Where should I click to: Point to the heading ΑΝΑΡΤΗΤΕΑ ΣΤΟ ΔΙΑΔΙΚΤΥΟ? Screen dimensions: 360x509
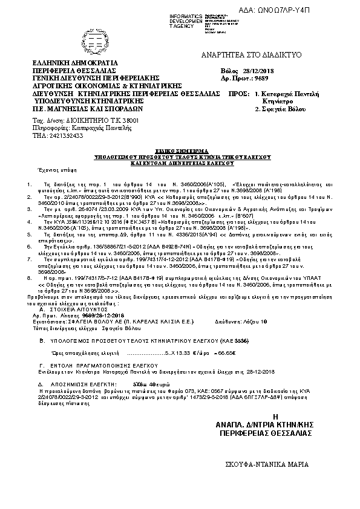click(260, 55)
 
